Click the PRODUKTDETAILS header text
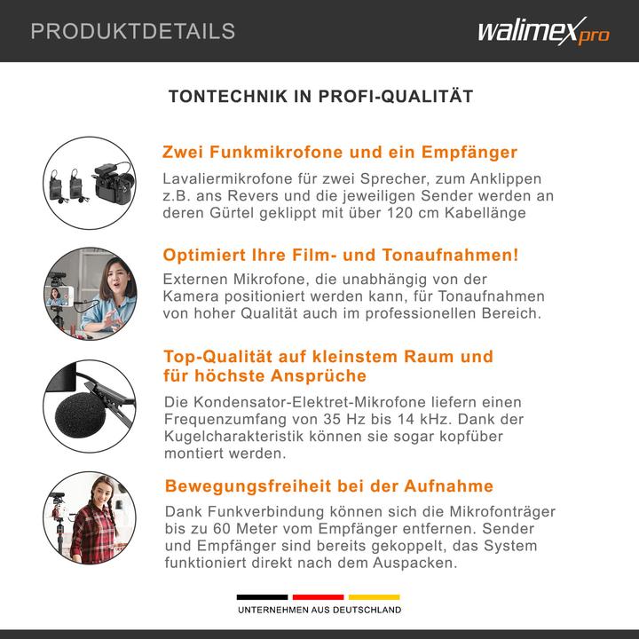pos(133,32)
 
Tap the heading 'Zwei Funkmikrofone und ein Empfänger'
pos(340,152)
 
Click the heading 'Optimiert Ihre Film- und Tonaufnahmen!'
pos(341,256)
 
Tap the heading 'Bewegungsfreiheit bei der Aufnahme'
pos(329,486)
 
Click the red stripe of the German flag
pos(319,597)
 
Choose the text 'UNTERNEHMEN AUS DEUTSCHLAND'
pos(319,611)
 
